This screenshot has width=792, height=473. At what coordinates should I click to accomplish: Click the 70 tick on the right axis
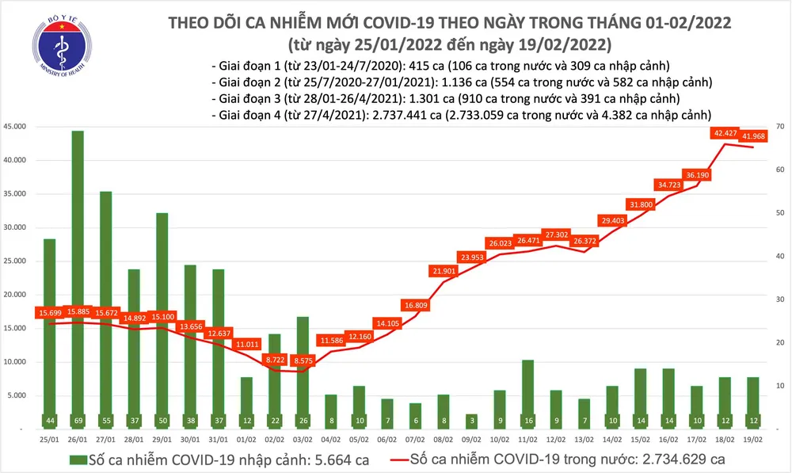(x=779, y=127)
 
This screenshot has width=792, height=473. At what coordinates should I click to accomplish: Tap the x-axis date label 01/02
(x=248, y=437)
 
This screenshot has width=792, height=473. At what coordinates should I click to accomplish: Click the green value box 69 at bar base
(x=78, y=420)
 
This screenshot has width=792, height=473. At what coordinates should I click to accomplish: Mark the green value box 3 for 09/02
(x=470, y=420)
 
